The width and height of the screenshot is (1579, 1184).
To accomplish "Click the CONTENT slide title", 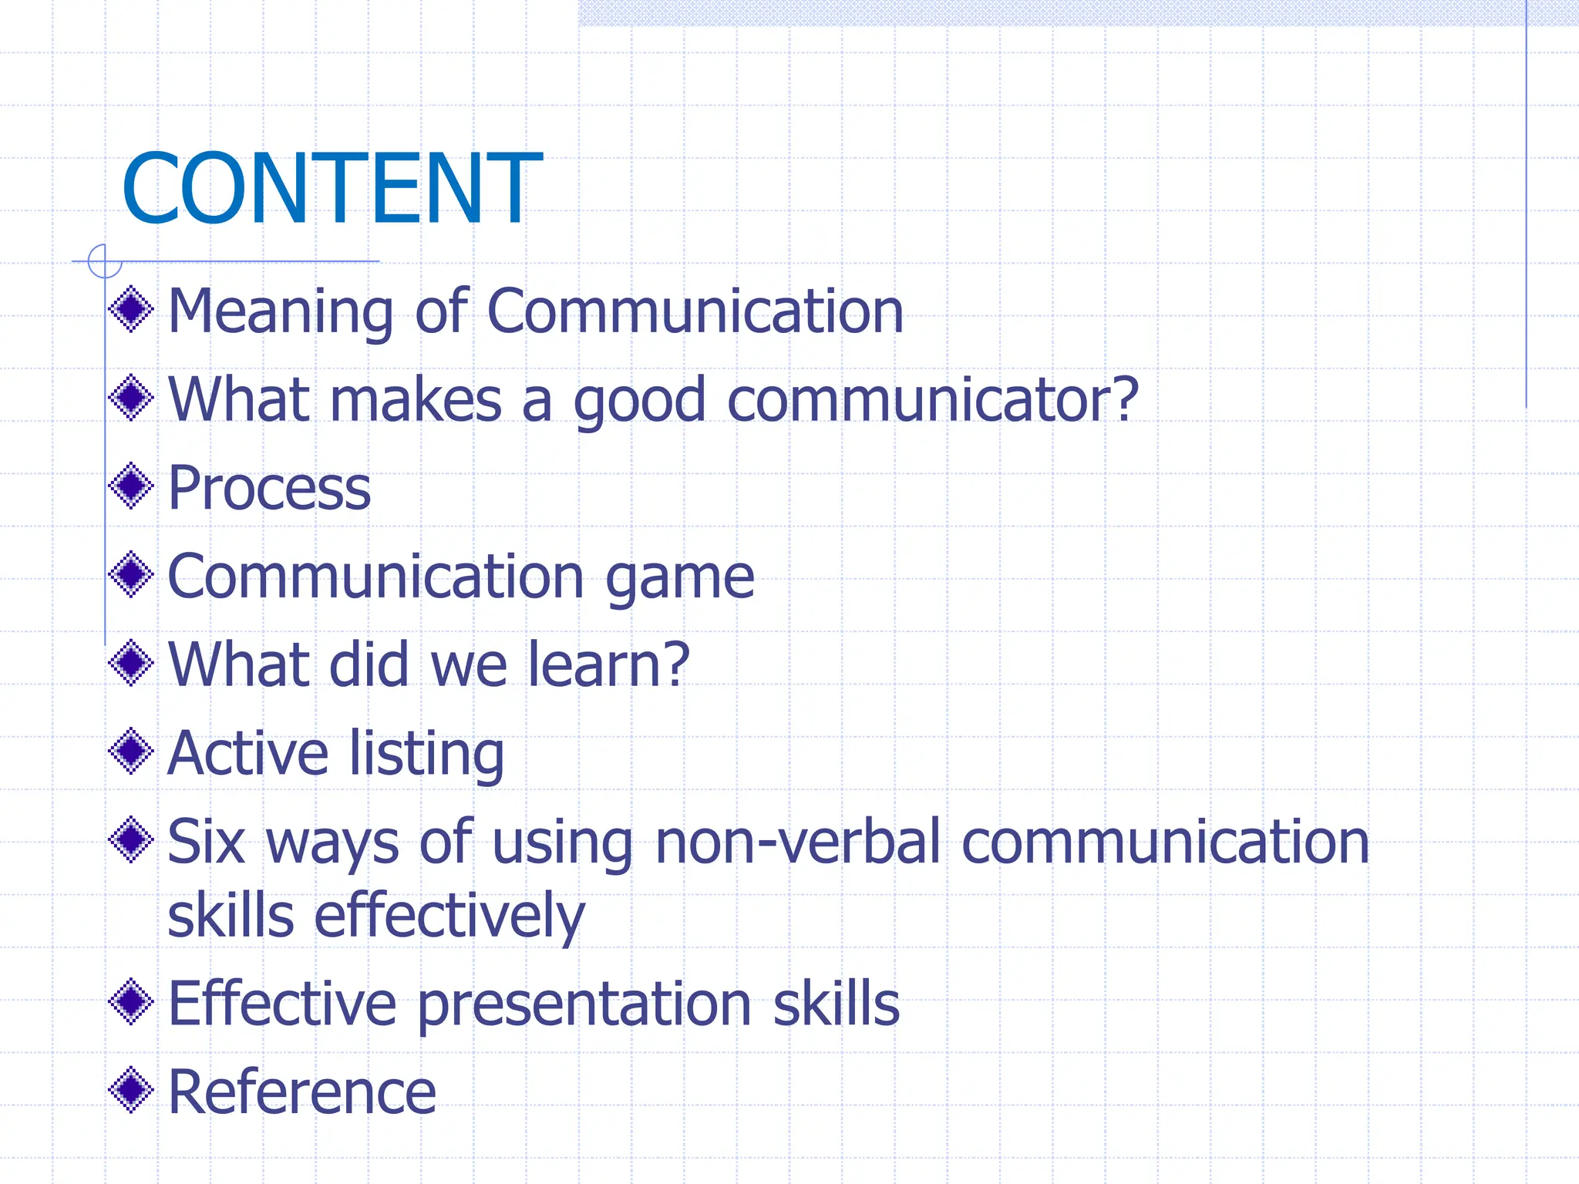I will [x=332, y=189].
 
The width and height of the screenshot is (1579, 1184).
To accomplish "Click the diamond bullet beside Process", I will [x=132, y=486].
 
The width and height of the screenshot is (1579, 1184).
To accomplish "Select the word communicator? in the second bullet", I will [x=933, y=400].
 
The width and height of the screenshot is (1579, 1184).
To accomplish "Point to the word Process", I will [x=269, y=489].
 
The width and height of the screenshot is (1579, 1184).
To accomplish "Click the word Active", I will [x=247, y=753].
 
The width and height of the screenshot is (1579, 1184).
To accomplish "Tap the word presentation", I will [x=584, y=1005].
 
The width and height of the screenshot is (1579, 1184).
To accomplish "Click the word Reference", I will [x=301, y=1092].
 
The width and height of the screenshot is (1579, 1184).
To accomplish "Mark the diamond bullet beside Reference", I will [x=132, y=1090].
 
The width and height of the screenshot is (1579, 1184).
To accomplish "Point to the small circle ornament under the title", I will [x=105, y=261].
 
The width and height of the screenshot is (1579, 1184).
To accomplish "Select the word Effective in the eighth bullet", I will [x=281, y=1004].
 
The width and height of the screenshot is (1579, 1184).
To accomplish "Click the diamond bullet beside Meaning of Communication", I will [x=132, y=309].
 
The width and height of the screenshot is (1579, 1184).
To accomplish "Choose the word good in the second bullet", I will [x=639, y=402].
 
